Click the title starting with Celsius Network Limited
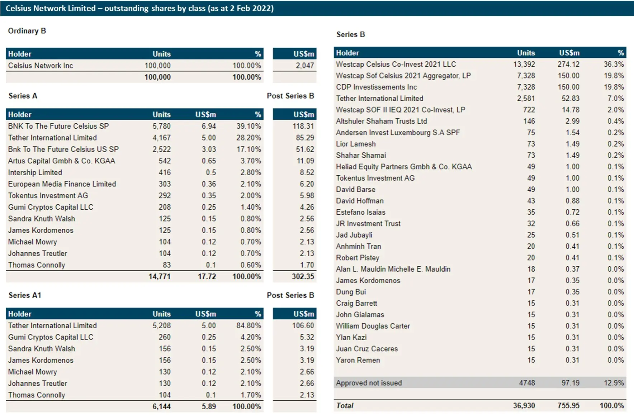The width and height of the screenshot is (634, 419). coord(139,8)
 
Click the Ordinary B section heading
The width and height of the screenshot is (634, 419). coord(27,31)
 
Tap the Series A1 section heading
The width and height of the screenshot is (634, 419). coord(25,295)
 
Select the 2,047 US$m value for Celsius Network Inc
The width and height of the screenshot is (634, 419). coord(304,66)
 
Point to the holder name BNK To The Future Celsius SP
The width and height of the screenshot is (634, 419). coord(58,126)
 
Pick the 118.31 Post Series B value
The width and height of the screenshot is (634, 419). coord(303,126)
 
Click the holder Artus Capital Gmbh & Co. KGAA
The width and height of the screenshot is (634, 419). coord(62,161)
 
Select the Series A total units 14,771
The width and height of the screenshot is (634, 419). coord(159,276)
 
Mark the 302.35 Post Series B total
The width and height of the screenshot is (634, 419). coord(303,276)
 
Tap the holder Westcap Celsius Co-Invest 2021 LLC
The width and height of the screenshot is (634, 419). coord(396,64)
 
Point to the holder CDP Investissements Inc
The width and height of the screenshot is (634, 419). coord(376,87)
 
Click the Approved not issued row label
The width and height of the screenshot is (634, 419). coord(369,383)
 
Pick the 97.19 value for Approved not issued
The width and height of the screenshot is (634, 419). coord(570,383)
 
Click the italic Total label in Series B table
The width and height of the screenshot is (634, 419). coord(345,405)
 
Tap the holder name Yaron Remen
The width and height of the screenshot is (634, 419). coord(358,360)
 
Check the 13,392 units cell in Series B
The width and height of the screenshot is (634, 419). coord(524,64)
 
